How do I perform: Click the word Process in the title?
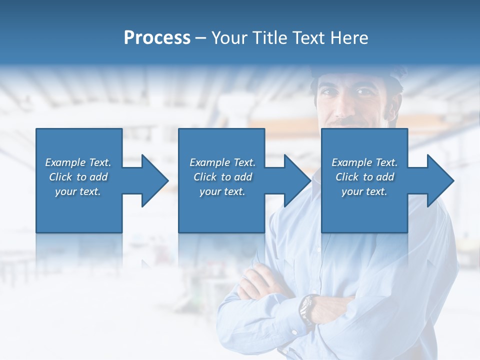coord(157,38)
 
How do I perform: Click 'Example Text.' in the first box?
coord(78,162)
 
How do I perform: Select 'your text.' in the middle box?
coord(222,191)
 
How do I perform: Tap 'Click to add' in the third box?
coord(364,177)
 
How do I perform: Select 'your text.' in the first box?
coord(78,191)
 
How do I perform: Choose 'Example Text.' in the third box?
coord(364,162)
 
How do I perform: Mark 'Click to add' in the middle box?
coord(222,177)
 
